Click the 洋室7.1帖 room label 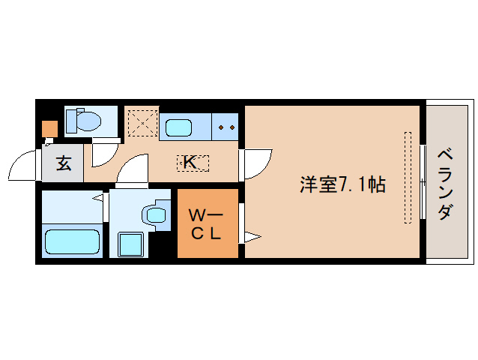(x=342, y=184)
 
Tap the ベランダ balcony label (x=445, y=184)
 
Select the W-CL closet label (x=205, y=224)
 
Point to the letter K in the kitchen (x=190, y=162)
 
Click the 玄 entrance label (x=64, y=163)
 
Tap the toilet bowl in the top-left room (x=88, y=121)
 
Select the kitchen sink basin (x=178, y=127)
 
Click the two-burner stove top (x=226, y=127)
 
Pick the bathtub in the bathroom (x=72, y=241)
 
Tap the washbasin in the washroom (x=156, y=214)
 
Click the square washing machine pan (x=131, y=244)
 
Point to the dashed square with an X (x=142, y=123)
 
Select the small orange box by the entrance (x=49, y=129)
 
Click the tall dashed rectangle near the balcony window (x=408, y=178)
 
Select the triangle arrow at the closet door (x=252, y=237)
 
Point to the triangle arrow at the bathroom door (x=97, y=198)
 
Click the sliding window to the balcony (x=423, y=181)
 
